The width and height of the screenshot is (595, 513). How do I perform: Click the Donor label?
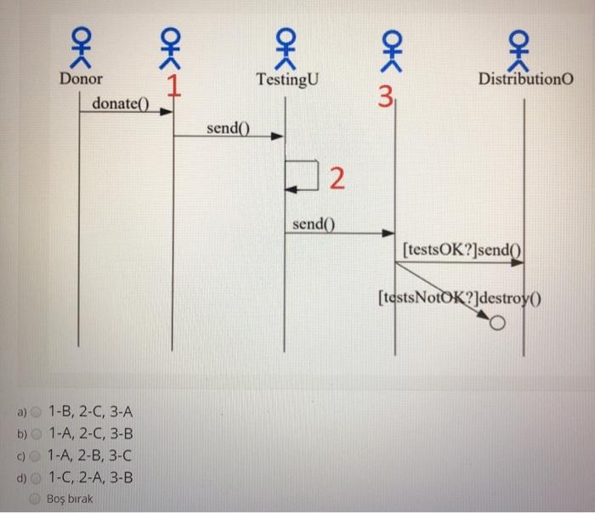(81, 79)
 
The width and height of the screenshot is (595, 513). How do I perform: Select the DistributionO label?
(525, 79)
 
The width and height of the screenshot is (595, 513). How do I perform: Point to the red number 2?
(337, 179)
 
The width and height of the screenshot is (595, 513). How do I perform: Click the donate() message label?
(120, 104)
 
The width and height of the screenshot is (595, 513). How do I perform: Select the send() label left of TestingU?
(229, 127)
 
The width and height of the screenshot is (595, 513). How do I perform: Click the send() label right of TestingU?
(314, 225)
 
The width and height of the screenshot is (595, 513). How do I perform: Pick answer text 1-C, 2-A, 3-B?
(91, 476)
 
